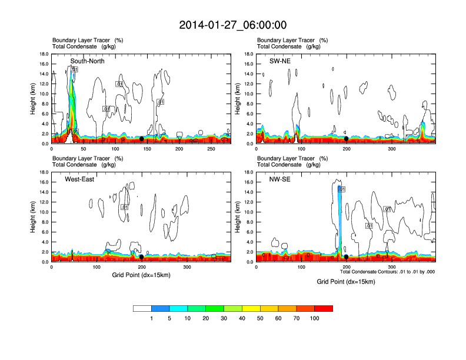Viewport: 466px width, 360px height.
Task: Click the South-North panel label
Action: (x=88, y=61)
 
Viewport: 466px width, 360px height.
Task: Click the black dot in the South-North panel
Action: (x=141, y=139)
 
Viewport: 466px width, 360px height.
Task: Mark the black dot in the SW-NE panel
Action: (x=347, y=139)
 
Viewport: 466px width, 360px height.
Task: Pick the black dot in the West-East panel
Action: (x=142, y=257)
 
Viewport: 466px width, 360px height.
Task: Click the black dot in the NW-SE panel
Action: (x=347, y=257)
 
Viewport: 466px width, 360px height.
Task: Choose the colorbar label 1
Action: (x=151, y=318)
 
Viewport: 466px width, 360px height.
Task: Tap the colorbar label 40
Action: (x=242, y=318)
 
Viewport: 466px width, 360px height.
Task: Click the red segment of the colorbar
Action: (x=324, y=308)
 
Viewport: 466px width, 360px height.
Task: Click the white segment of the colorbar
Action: (x=142, y=308)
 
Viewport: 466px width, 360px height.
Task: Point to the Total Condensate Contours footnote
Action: (x=387, y=272)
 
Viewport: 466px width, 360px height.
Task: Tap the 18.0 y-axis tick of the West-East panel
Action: (x=44, y=172)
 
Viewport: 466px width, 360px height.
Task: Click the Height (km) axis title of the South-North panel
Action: (x=34, y=98)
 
